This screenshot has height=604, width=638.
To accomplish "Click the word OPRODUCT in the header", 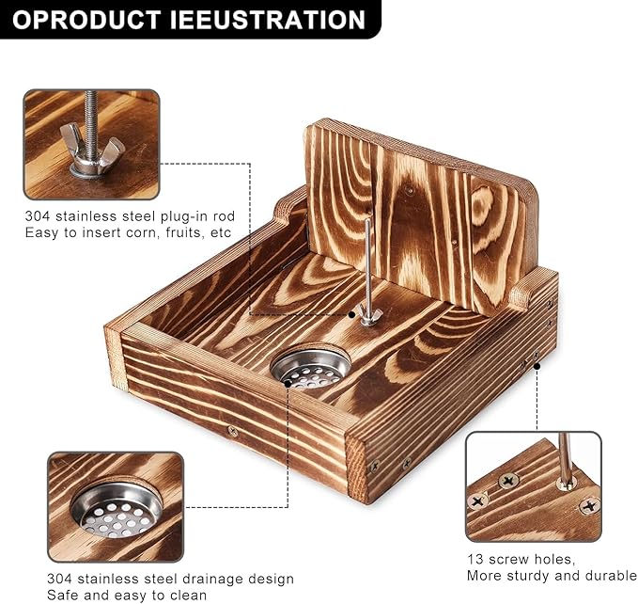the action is click(x=86, y=20).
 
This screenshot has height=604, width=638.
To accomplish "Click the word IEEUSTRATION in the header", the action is click(x=268, y=20).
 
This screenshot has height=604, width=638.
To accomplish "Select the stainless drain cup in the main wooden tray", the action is click(x=311, y=367).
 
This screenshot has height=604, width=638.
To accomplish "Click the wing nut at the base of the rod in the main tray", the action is click(x=369, y=316).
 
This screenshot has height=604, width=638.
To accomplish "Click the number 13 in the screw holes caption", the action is click(x=475, y=559).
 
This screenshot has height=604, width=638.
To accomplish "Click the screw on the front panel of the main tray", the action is click(x=233, y=431).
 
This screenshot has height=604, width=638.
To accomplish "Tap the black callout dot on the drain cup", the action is click(x=288, y=384).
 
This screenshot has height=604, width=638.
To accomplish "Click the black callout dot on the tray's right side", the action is click(x=537, y=366).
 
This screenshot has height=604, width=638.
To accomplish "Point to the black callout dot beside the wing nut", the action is click(x=352, y=314).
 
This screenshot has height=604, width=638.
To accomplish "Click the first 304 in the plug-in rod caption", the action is click(x=38, y=215).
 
